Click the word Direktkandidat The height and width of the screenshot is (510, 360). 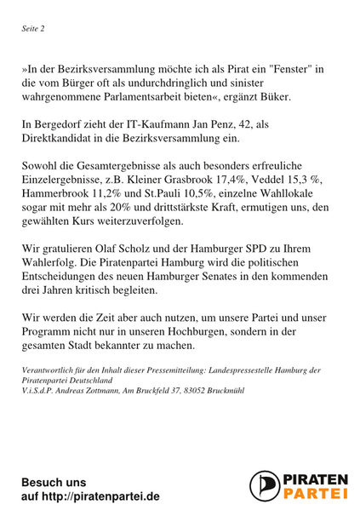click(x=61, y=142)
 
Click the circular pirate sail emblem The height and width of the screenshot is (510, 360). click(x=265, y=486)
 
